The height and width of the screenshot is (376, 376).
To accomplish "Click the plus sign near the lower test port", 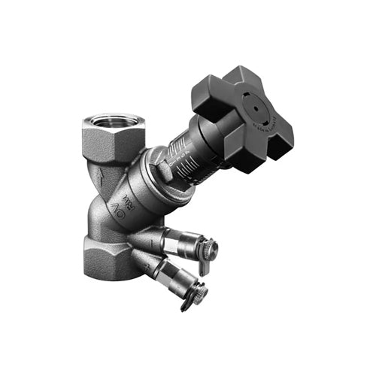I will tap(147, 262).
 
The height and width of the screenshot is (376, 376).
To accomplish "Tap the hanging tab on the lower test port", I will tap(189, 305).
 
